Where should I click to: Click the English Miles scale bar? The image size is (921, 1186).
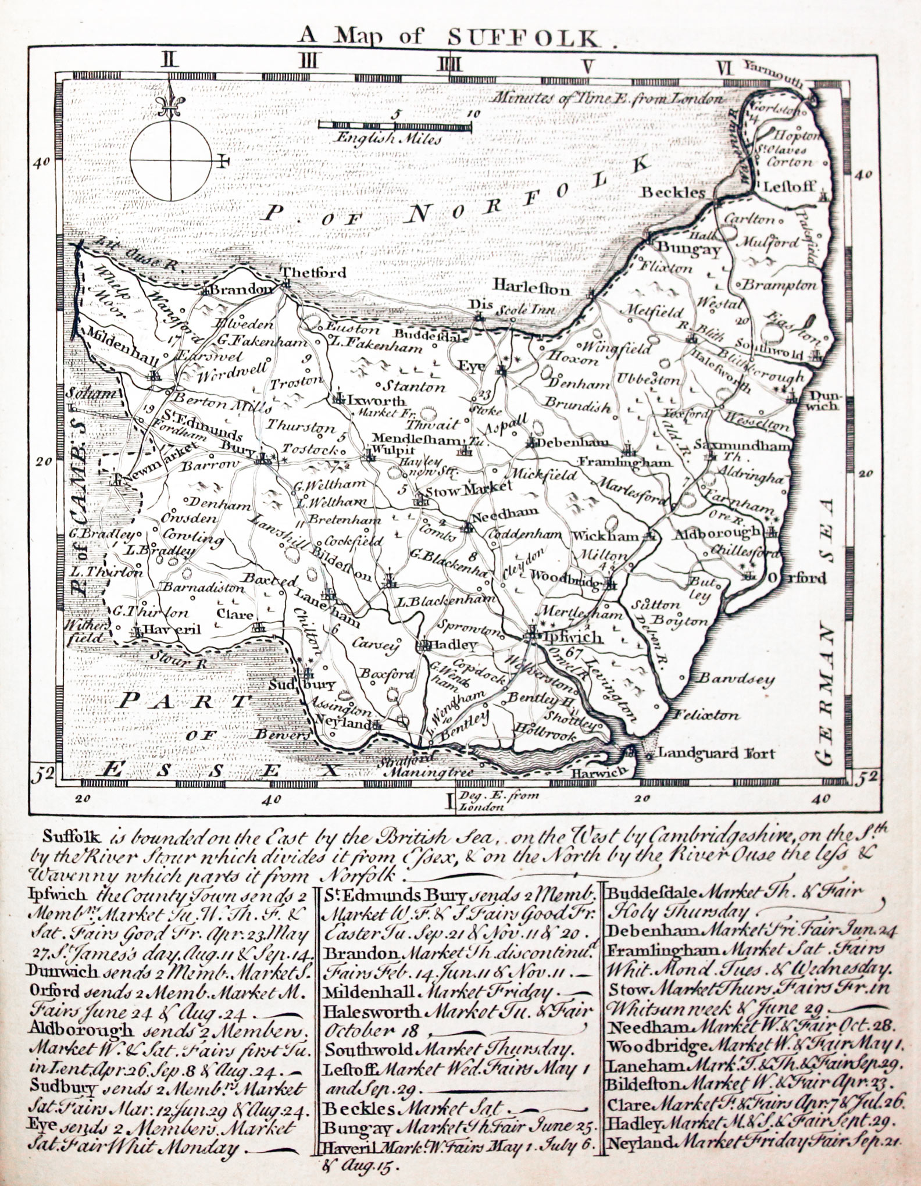click(394, 124)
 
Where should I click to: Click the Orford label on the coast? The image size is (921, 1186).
click(797, 578)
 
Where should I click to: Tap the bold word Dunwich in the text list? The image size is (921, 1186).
click(55, 969)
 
